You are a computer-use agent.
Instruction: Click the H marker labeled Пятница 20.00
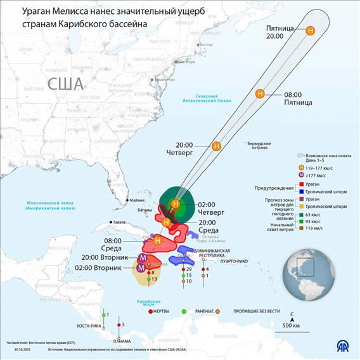coord(310,30)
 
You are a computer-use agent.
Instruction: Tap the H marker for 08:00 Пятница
coord(260,94)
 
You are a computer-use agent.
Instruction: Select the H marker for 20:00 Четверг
coord(216,146)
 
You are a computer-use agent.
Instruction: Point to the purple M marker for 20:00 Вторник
coord(143,258)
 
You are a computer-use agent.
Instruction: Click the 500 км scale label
coord(291,326)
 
